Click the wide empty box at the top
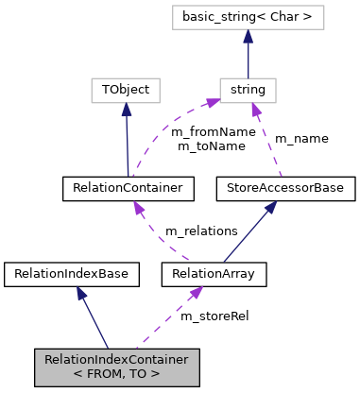[248, 17]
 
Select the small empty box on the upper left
[125, 91]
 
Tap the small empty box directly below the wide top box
[248, 91]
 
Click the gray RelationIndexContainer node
[117, 367]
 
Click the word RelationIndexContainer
[116, 360]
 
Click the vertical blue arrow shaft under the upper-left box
[127, 142]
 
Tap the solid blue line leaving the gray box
[95, 321]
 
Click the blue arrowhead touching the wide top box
[248, 36]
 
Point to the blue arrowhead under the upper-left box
[126, 110]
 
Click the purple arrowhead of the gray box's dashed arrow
[196, 293]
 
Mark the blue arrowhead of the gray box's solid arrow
[82, 294]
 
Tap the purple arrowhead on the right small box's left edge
[213, 101]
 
